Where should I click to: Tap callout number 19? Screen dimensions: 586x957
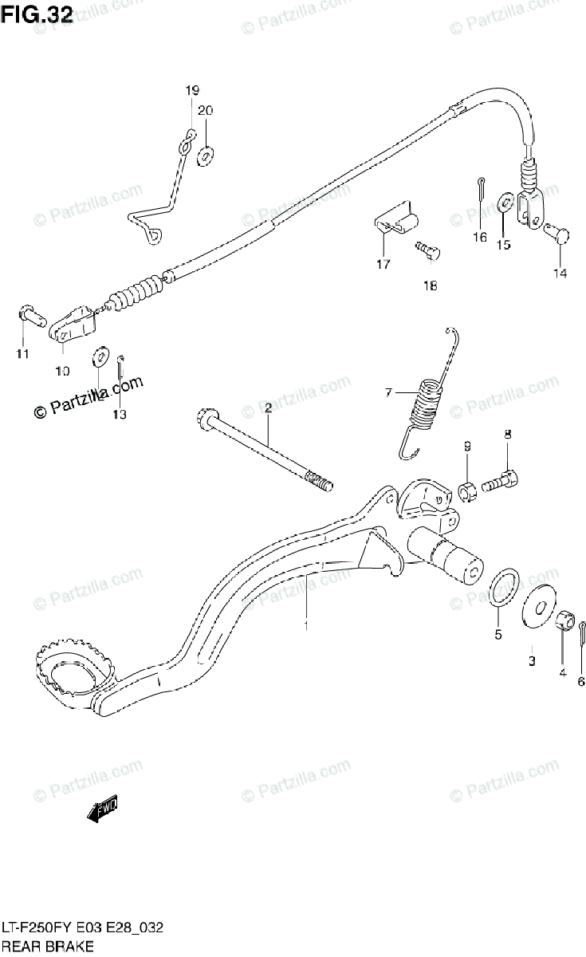point(192,90)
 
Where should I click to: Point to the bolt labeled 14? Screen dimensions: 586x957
point(557,235)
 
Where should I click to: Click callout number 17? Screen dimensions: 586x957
point(383,264)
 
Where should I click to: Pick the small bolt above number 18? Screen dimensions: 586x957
point(430,250)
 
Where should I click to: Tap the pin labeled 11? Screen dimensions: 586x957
point(30,314)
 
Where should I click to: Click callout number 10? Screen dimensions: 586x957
point(62,370)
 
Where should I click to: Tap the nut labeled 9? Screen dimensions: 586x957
point(468,488)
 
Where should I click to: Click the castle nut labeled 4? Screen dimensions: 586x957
point(562,618)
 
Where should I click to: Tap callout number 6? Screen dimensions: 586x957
point(581,681)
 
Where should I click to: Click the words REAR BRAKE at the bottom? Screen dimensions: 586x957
point(47,947)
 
